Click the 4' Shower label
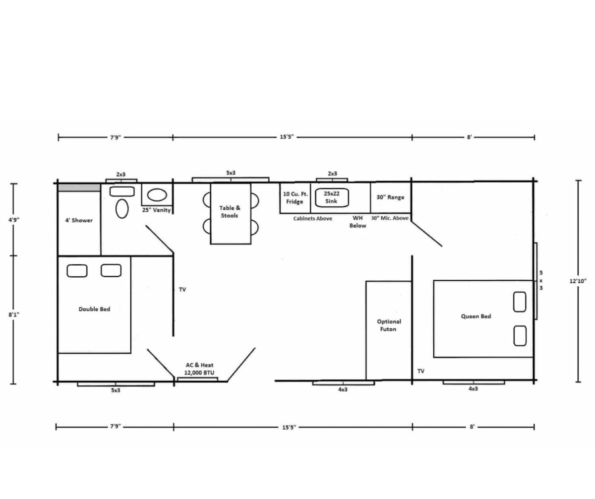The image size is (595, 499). click(79, 220)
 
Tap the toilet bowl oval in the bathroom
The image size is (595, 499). click(122, 209)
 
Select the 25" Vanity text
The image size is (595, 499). click(157, 210)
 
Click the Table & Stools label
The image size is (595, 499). click(230, 212)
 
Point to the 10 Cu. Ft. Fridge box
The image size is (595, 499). click(295, 198)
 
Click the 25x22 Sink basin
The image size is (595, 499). click(332, 197)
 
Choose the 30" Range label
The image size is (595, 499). click(390, 197)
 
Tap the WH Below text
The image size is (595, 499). click(358, 222)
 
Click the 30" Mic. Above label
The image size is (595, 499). click(390, 218)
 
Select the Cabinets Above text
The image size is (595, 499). click(312, 219)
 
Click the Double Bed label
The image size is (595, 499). click(94, 309)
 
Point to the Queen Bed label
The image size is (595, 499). click(476, 316)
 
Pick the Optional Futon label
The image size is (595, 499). click(389, 325)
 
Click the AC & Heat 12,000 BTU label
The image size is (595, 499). click(199, 369)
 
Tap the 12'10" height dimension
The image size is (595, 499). click(578, 281)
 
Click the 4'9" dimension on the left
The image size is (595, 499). click(14, 220)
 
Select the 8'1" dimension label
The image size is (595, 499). click(14, 314)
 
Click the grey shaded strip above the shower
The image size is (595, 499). click(79, 187)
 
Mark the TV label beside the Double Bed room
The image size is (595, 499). click(182, 290)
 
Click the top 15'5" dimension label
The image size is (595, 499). click(287, 137)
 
